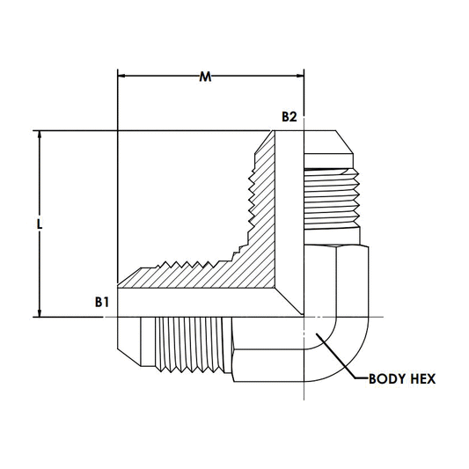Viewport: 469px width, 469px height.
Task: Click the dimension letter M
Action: coord(205,77)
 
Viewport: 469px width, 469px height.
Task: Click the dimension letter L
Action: coord(40,224)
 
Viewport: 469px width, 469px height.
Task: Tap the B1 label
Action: coord(102,302)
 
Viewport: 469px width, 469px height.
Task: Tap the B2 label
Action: coord(288,117)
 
